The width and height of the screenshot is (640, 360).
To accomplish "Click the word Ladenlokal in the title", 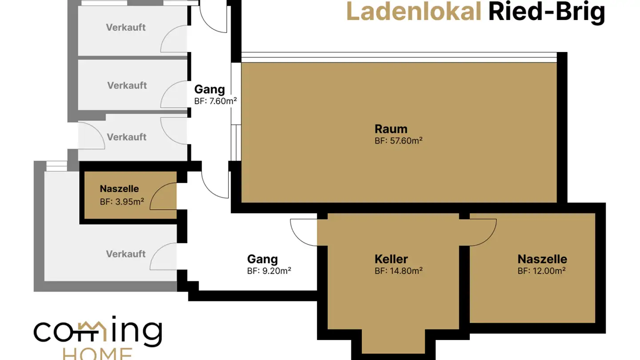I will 414,12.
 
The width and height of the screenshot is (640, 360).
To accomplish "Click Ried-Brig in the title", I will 546,12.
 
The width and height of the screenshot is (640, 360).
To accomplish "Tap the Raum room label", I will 391,129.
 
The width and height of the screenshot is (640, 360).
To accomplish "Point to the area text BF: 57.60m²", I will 398,141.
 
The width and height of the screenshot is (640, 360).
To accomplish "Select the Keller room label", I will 391,259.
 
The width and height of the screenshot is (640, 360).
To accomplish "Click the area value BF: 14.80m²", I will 398,270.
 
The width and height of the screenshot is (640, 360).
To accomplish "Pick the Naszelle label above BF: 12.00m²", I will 542,259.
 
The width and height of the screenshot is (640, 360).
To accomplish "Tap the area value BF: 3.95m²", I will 122,201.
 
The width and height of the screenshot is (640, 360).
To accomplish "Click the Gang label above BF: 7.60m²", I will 209,89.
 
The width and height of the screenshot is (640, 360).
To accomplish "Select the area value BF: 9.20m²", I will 269,270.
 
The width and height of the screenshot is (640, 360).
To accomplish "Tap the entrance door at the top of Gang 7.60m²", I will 213,19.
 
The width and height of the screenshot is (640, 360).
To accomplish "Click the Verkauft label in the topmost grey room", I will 126,28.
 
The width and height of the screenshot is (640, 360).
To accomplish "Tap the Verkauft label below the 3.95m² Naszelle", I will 126,254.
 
